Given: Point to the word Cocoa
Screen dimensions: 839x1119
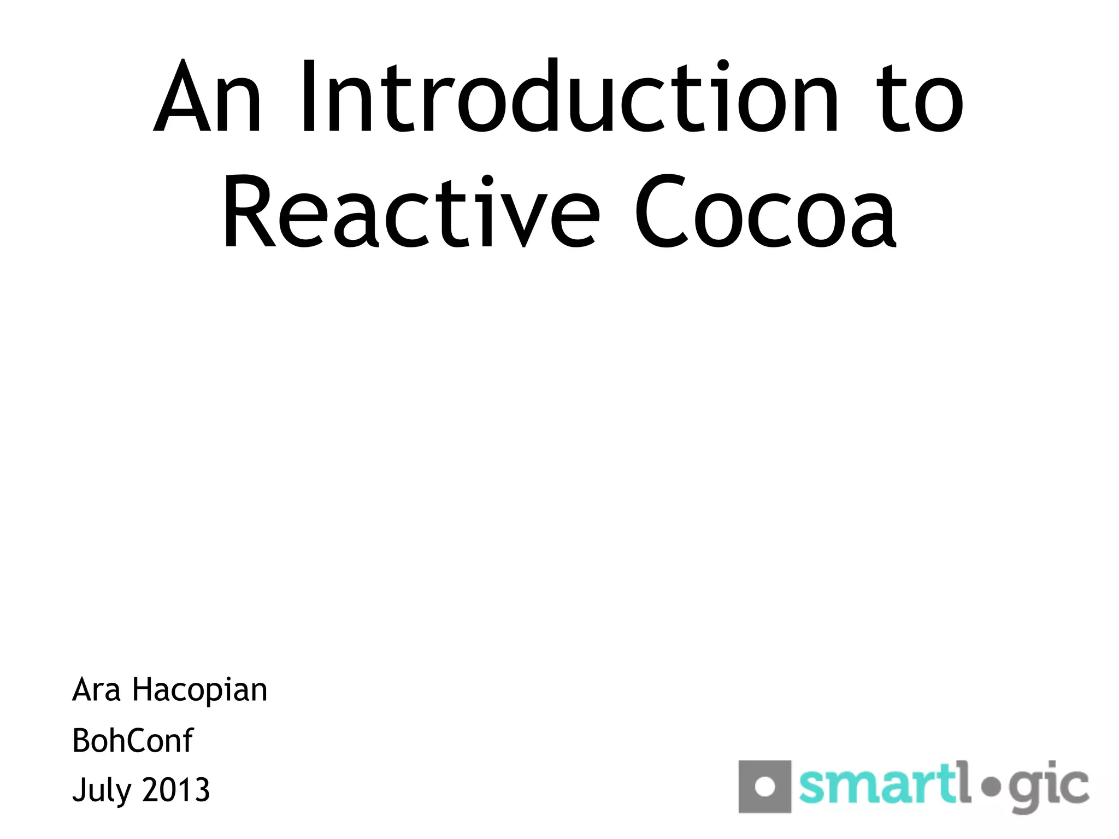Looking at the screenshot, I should [765, 213].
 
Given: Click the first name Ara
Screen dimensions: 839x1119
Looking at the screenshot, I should [96, 689].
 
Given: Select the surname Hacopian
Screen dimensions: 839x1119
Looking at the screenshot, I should [200, 690].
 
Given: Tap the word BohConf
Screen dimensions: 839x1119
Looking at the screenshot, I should [133, 741].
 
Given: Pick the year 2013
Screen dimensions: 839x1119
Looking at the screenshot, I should [176, 790].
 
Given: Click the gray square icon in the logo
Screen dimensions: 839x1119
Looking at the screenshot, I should [764, 786].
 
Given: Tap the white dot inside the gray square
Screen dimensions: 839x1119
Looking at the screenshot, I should [764, 787].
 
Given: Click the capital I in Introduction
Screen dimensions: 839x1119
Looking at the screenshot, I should [308, 96].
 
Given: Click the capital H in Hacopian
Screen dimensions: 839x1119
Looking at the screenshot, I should [143, 689].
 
